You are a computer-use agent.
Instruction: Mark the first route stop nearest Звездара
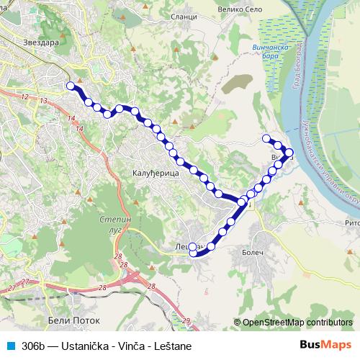click(x=71, y=86)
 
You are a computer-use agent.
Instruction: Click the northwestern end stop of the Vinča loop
click(x=266, y=138)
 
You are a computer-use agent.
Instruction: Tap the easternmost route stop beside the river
click(x=289, y=152)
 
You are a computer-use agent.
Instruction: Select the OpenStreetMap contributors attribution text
click(x=297, y=323)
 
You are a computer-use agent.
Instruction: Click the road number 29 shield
click(x=186, y=320)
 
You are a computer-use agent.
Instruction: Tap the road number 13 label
click(x=44, y=102)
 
